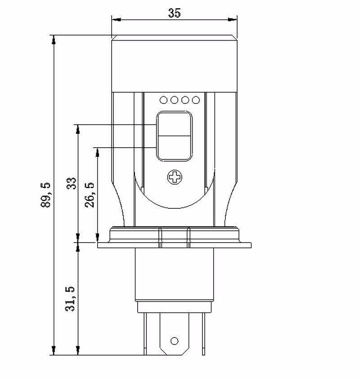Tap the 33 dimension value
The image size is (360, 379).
(72, 183)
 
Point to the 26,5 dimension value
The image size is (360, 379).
(90, 195)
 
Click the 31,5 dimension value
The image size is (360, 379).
(70, 299)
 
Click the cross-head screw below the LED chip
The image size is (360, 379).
(175, 177)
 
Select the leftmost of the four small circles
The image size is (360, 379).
(163, 100)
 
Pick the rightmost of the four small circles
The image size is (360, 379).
(196, 100)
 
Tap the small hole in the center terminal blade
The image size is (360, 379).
(174, 341)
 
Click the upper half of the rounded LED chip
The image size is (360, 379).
(175, 125)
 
